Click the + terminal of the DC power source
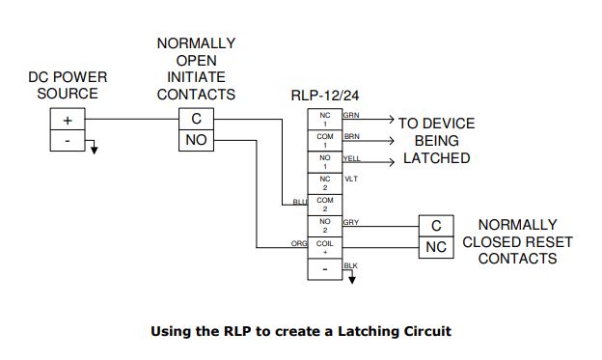(68, 120)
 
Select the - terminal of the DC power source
(68, 141)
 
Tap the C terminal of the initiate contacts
(196, 120)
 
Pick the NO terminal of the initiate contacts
(196, 142)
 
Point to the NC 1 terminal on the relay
(325, 120)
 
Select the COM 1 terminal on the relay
(325, 141)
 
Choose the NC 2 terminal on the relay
(325, 183)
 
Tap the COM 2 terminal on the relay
(325, 205)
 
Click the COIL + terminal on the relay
(325, 247)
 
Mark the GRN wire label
(351, 115)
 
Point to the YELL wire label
(352, 157)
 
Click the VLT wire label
(350, 179)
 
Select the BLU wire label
(299, 201)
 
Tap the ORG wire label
(299, 243)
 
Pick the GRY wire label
(351, 221)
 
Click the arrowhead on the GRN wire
(389, 121)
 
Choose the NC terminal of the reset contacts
(436, 247)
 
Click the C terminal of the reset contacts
(436, 225)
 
